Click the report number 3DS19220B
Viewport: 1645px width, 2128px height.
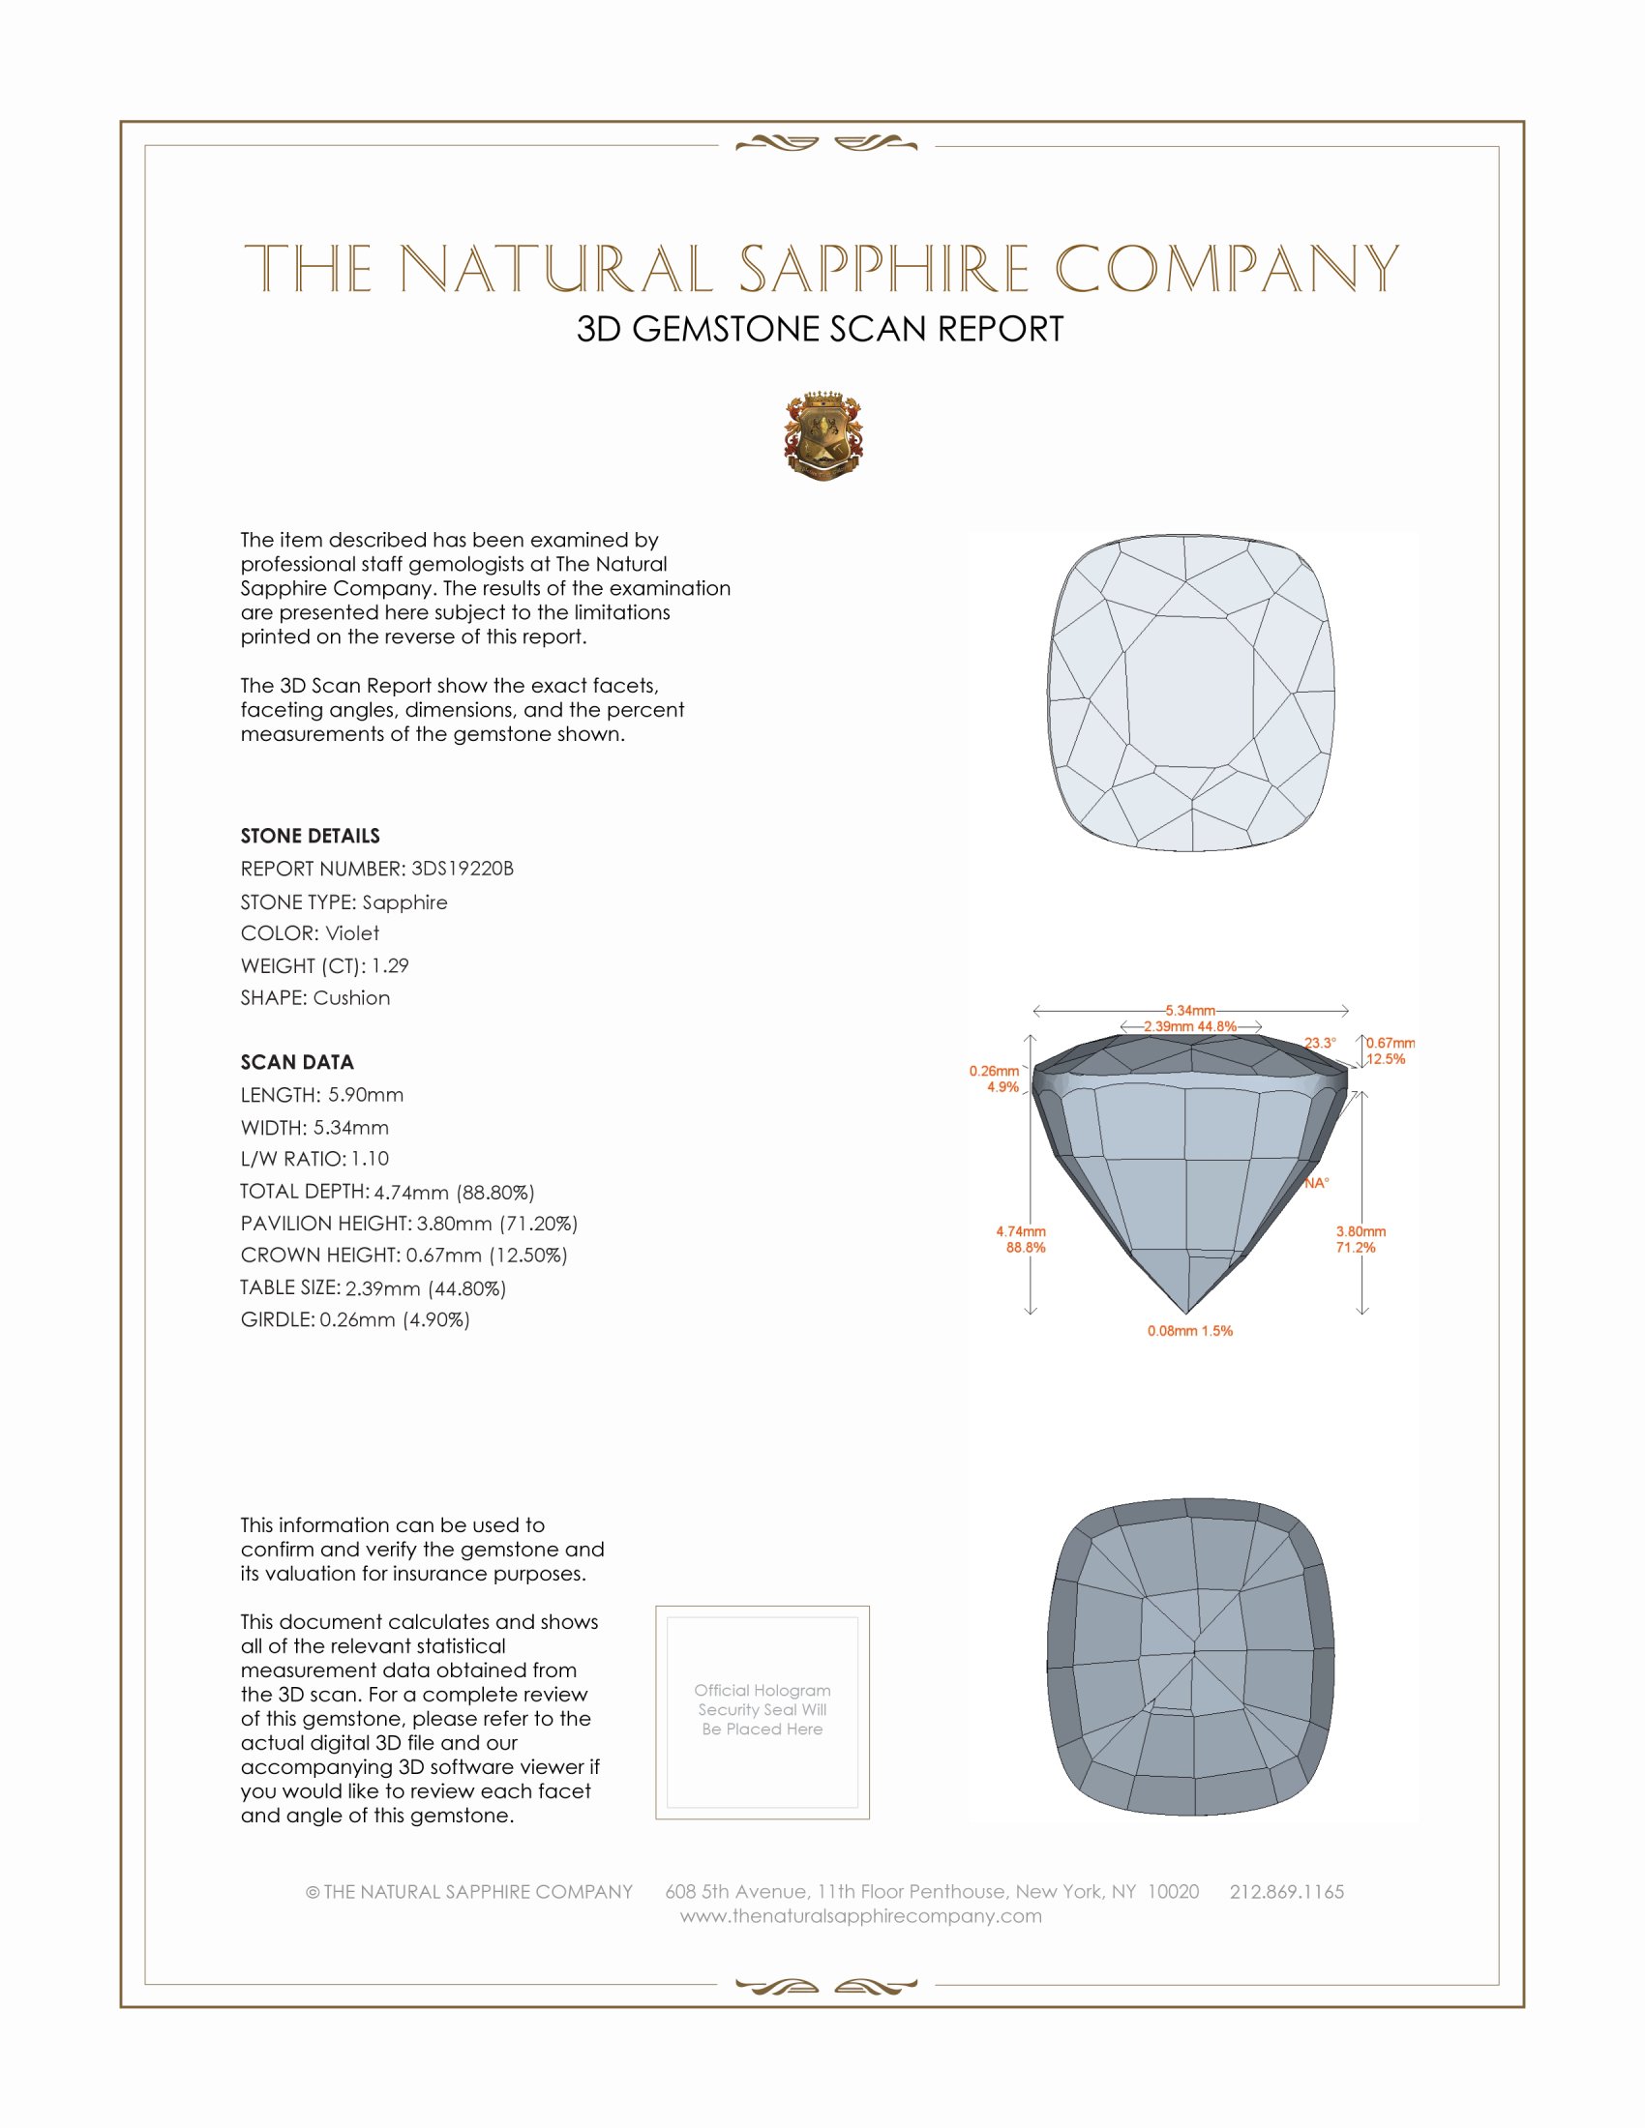pyautogui.click(x=462, y=869)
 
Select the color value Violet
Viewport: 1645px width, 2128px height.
pyautogui.click(x=352, y=933)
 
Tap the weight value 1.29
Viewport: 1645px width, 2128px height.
pyautogui.click(x=390, y=965)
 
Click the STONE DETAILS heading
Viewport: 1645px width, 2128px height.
pyautogui.click(x=310, y=836)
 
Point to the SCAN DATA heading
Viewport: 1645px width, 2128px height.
pyautogui.click(x=297, y=1062)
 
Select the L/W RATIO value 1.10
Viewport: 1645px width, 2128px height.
pyautogui.click(x=371, y=1159)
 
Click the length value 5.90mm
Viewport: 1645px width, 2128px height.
pyautogui.click(x=366, y=1095)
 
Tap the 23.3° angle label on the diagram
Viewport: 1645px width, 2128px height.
pyautogui.click(x=1321, y=1043)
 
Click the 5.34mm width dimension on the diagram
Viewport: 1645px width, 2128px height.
pyautogui.click(x=1190, y=1011)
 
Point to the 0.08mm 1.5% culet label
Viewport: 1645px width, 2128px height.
pyautogui.click(x=1190, y=1331)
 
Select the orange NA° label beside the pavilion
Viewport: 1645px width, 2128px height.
pyautogui.click(x=1317, y=1183)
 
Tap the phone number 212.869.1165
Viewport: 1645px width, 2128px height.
pyautogui.click(x=1286, y=1891)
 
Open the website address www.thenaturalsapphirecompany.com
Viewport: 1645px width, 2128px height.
pyautogui.click(x=860, y=1915)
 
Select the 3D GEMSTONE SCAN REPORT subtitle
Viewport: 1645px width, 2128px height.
pyautogui.click(x=820, y=329)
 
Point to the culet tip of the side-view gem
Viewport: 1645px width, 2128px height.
pyautogui.click(x=1186, y=1312)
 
